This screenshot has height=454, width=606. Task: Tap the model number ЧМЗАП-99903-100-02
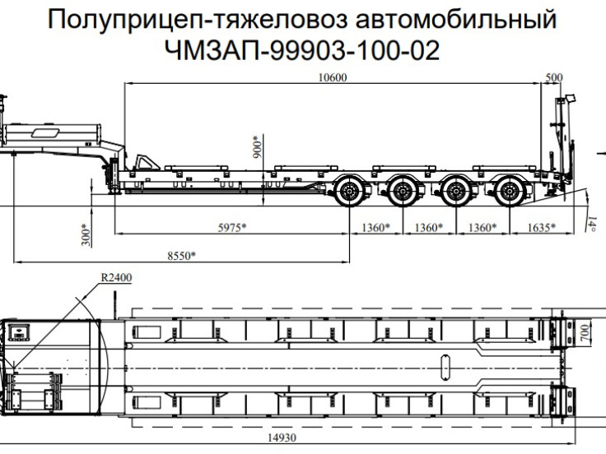point(302,51)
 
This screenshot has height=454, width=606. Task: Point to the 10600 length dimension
point(332,78)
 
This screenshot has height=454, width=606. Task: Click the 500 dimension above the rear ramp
point(554,78)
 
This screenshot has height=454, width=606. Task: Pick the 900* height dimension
point(256,146)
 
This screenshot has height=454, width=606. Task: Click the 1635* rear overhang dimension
point(539,228)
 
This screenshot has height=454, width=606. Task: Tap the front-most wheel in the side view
point(351,195)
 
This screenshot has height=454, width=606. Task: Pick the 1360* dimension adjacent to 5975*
point(375,228)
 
